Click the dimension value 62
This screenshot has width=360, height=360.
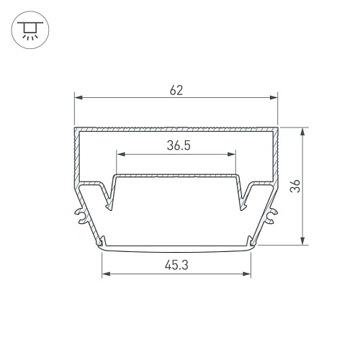(176, 90)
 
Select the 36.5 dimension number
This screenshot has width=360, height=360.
(179, 145)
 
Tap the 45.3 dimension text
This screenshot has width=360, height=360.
(176, 265)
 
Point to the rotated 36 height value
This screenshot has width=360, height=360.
(295, 186)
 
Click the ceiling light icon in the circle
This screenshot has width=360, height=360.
(30, 30)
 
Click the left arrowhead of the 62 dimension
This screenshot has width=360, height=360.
(78, 97)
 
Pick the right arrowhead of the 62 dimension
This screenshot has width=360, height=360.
(274, 97)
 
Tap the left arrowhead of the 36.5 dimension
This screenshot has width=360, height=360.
(121, 154)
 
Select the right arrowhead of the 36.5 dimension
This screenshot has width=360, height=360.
(231, 154)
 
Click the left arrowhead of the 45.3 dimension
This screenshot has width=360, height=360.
(106, 274)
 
